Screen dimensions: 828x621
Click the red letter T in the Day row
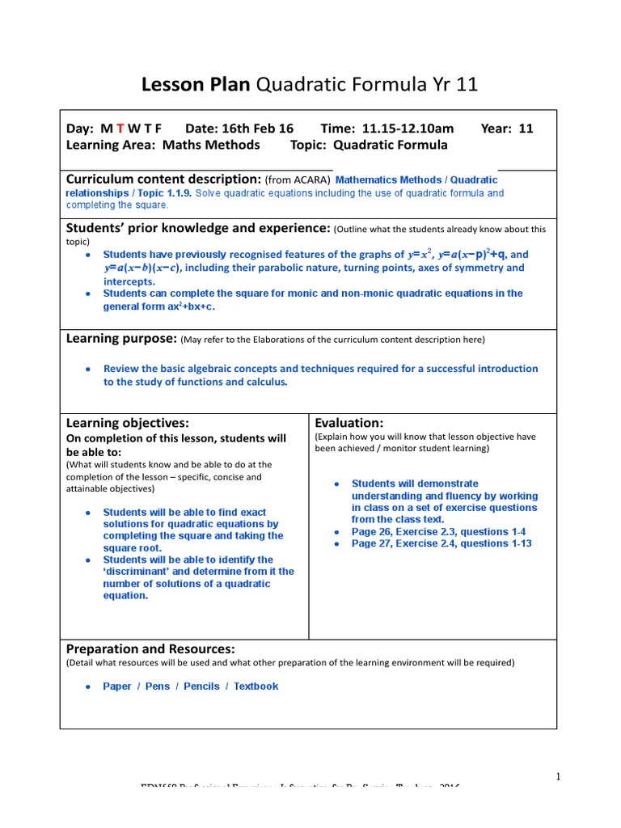[x=120, y=129]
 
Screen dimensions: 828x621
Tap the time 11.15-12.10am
[x=408, y=129]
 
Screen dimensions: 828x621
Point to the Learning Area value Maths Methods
[x=211, y=145]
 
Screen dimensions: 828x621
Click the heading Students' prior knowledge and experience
[x=198, y=229]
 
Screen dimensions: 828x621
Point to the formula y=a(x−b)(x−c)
[x=142, y=268]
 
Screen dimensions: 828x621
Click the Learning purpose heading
[x=120, y=338]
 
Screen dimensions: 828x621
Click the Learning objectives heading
[x=127, y=423]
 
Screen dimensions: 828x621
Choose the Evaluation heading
[x=349, y=423]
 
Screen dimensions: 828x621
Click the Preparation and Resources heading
[x=150, y=648]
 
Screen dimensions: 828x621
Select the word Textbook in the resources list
[x=256, y=686]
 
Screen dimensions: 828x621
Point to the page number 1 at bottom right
[x=557, y=777]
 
